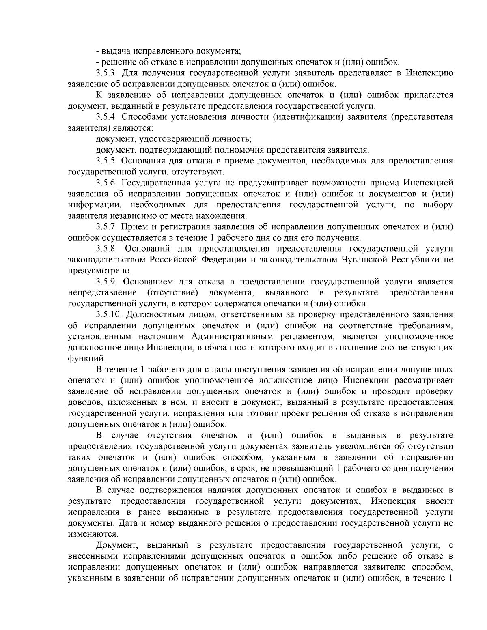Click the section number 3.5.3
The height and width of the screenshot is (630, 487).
[x=106, y=73]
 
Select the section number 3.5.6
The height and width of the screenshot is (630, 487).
[x=106, y=183]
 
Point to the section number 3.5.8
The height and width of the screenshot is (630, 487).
[x=106, y=248]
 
